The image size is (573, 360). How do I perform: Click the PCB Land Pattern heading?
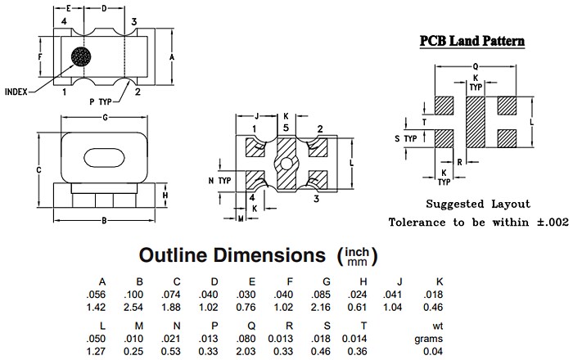472,41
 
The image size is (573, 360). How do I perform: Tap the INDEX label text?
17,92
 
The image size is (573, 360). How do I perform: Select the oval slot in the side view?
102,155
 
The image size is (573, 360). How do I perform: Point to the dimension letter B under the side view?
104,221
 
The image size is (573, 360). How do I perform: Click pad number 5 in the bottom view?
285,128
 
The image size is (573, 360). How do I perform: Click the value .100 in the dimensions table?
139,295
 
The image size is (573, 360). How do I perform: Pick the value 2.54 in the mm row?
139,307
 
